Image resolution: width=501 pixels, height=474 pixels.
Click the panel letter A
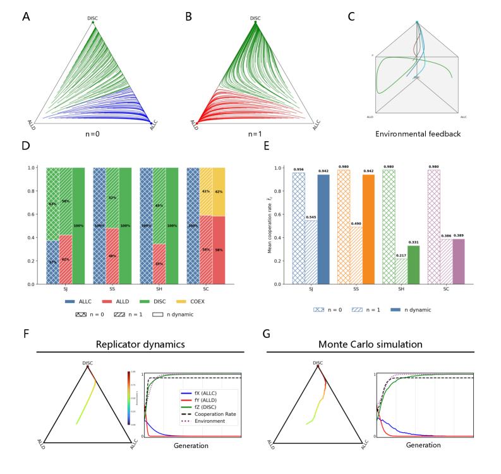coord(26,16)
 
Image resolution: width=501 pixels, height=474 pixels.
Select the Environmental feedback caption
coord(417,135)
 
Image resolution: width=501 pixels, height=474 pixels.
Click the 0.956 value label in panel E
coord(298,169)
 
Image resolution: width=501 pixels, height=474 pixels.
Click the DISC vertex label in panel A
coord(92,18)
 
